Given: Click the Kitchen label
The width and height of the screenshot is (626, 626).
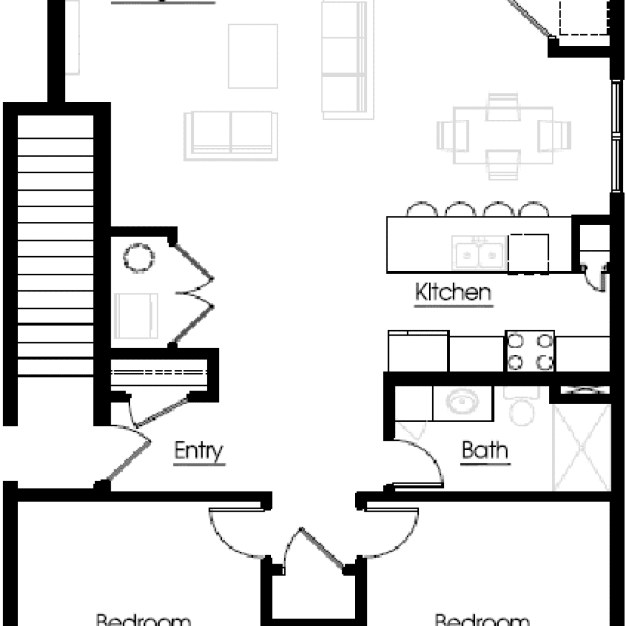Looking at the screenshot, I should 453,292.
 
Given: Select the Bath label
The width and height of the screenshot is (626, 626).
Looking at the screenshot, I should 485,451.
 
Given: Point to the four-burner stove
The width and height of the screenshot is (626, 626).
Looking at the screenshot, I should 529,351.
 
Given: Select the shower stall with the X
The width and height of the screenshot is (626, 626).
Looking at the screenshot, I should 581,446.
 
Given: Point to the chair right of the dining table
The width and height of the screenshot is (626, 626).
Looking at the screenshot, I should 554,133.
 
